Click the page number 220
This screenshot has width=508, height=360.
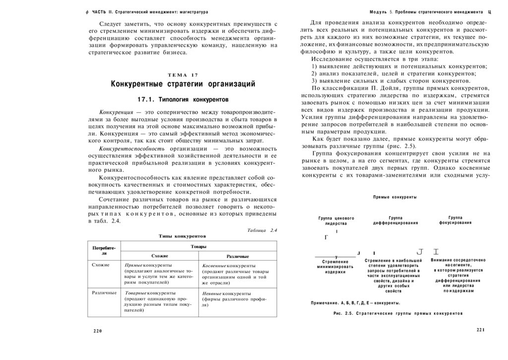(x=97, y=331)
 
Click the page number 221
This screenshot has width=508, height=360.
(x=480, y=330)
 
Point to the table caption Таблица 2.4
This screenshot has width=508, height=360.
(x=261, y=230)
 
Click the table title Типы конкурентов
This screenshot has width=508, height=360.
(x=182, y=236)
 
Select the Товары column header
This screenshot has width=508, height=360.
(x=198, y=246)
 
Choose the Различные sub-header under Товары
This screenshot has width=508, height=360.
(x=238, y=256)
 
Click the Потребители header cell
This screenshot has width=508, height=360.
(x=104, y=250)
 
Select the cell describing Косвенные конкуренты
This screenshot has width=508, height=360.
(x=237, y=274)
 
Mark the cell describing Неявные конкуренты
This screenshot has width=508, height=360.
(x=237, y=299)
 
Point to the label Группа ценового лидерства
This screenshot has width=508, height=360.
(x=336, y=221)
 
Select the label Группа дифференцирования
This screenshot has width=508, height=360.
(x=395, y=220)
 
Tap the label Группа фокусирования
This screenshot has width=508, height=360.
(x=455, y=220)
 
